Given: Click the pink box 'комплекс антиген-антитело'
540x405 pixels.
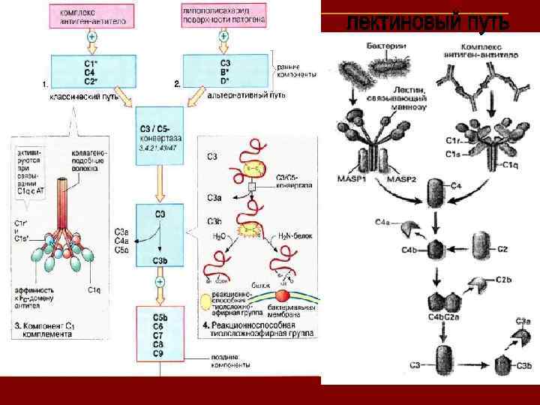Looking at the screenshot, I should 92,16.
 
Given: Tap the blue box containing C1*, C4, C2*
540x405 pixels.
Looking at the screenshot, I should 91,71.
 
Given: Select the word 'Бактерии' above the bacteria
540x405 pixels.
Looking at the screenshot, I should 386,46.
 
